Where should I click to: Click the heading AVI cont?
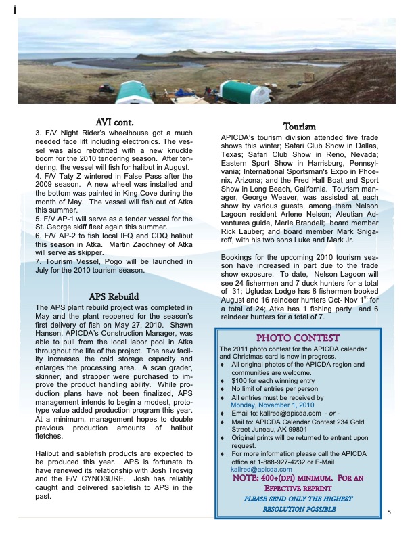pos(114,122)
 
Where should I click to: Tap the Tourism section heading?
pos(298,127)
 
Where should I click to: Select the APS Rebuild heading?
pos(114,296)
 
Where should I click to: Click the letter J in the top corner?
pos(6,7)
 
